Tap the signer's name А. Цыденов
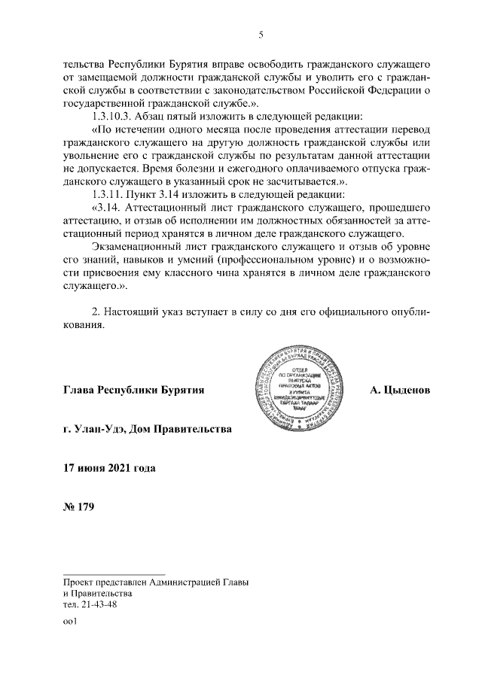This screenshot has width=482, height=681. click(x=400, y=391)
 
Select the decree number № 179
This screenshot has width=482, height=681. click(x=79, y=506)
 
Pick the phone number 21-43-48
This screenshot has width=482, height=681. click(x=97, y=603)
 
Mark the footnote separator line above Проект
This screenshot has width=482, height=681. click(x=114, y=573)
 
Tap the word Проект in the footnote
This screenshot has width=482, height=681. click(x=81, y=582)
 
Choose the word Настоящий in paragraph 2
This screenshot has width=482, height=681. click(x=139, y=311)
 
